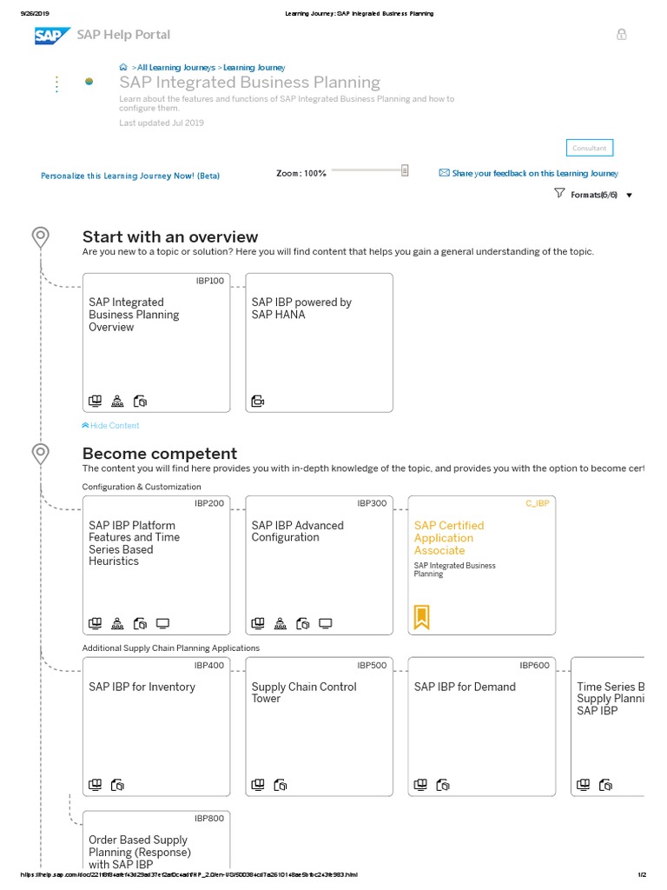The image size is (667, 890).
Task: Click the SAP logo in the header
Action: (x=52, y=35)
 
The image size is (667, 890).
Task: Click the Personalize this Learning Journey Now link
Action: (x=130, y=176)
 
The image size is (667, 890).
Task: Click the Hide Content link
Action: (x=110, y=426)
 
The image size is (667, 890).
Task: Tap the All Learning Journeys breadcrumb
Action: (x=176, y=67)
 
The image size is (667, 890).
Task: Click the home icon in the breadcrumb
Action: (x=123, y=67)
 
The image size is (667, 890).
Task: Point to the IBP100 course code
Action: (x=210, y=281)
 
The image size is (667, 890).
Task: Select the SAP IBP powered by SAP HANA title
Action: (x=301, y=309)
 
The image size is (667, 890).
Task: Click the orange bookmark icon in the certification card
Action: (x=421, y=617)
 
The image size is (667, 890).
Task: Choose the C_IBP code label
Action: (x=538, y=503)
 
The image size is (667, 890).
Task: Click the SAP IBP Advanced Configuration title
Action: (x=297, y=531)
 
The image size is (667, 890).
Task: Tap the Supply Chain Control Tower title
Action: (x=304, y=693)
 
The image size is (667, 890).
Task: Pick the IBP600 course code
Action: (x=534, y=665)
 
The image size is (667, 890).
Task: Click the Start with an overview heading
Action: (x=170, y=236)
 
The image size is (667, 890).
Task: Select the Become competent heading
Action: (x=159, y=453)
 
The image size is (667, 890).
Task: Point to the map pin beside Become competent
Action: (x=40, y=453)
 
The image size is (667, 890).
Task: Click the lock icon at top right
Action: (x=621, y=35)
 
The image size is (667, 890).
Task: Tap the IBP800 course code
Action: (x=209, y=818)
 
